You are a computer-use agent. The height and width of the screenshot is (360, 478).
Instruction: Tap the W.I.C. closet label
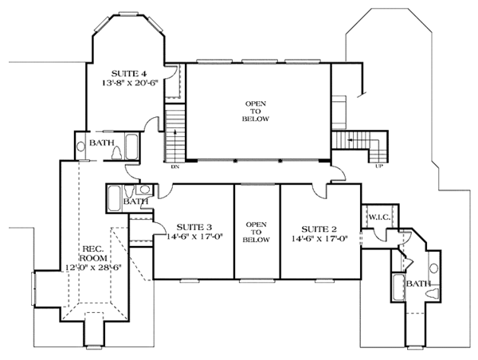click(x=377, y=215)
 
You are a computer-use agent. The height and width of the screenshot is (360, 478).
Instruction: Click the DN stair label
click(x=174, y=166)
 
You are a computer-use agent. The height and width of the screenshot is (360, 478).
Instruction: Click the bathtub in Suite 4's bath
click(x=132, y=147)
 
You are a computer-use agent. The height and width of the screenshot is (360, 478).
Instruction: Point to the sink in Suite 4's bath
click(x=82, y=147)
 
